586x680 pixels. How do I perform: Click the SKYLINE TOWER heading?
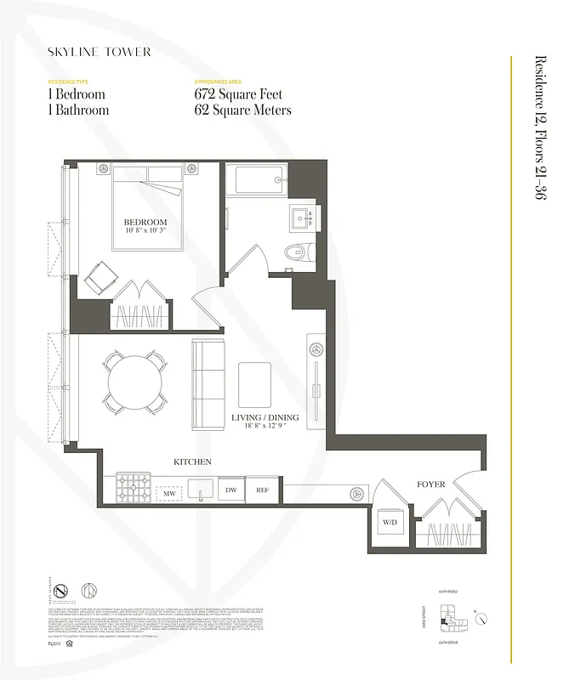coord(100,52)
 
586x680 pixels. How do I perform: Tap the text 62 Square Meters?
coord(243,110)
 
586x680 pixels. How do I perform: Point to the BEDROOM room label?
coord(145,223)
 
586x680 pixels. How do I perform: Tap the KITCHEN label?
coord(191,462)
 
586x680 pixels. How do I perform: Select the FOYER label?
coord(430,484)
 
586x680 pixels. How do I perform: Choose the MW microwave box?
coord(168,491)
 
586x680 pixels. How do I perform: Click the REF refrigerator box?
coord(262,490)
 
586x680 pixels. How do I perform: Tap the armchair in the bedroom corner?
coord(101,277)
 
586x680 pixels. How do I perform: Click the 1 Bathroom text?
coord(79,110)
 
